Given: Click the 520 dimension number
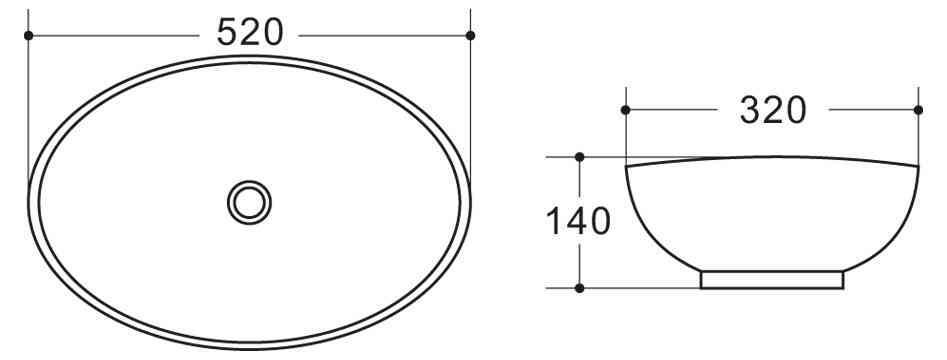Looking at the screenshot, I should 250,33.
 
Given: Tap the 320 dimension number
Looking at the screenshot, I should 772,110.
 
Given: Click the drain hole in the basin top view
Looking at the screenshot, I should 249,201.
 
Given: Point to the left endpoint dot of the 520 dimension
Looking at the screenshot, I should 28,35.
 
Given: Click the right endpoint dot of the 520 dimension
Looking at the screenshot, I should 471,35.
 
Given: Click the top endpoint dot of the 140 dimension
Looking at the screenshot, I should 580,157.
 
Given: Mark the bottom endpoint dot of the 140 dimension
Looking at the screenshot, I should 580,288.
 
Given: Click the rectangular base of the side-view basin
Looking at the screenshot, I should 772,280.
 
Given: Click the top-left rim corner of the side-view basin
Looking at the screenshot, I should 626,165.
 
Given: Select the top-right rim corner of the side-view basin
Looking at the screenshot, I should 918,165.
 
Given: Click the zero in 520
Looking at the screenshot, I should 272,33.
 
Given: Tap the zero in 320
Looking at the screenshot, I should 795,110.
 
